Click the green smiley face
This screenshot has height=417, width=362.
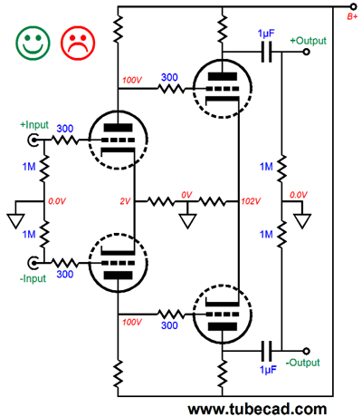tap(33, 43)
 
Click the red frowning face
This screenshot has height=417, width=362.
tap(78, 43)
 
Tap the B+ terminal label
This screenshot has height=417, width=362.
tap(352, 16)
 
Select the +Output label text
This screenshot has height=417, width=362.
tap(308, 41)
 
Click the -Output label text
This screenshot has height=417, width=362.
tap(302, 363)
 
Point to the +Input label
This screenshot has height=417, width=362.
tap(34, 124)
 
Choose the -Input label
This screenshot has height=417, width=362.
tap(33, 278)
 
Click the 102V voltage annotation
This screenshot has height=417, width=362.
tap(251, 201)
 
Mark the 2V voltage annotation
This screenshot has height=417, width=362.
tap(125, 201)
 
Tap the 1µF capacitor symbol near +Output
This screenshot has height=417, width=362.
tap(266, 52)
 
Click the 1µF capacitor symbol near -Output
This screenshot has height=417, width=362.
tap(266, 351)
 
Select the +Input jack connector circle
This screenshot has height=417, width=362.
tap(33, 140)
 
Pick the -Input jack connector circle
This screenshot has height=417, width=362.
tap(33, 263)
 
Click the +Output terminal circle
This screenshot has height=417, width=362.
tap(306, 52)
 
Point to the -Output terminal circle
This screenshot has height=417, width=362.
tap(306, 351)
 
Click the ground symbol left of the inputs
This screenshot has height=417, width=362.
tap(15, 221)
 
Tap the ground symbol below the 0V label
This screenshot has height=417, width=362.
tap(187, 221)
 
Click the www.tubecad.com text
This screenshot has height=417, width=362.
tap(257, 409)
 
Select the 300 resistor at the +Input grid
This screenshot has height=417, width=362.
tap(65, 140)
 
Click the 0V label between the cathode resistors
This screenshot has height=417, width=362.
tap(186, 195)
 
